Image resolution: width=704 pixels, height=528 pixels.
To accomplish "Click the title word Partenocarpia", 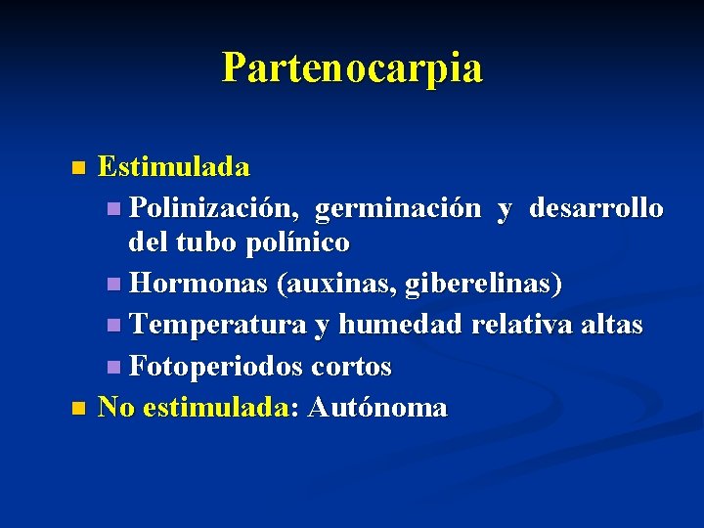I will [x=352, y=68].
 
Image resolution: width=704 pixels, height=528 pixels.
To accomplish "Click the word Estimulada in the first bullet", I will [x=174, y=167].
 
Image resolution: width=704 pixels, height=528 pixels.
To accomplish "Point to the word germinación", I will [x=398, y=209].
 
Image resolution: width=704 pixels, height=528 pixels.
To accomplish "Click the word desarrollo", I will [x=596, y=208].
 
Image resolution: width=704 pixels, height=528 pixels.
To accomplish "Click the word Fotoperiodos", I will [x=216, y=367].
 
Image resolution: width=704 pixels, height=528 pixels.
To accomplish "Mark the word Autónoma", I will [x=376, y=407].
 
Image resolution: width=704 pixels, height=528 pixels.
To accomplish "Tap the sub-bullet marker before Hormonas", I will [x=115, y=286].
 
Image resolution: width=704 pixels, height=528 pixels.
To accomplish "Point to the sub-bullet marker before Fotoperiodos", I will [x=115, y=368].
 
